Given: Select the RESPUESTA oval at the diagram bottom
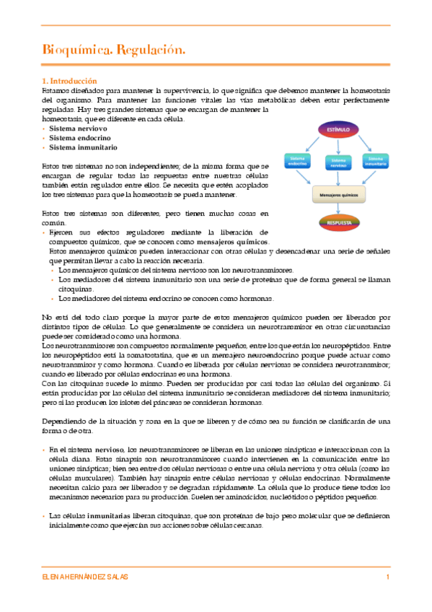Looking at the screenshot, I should click(338, 223).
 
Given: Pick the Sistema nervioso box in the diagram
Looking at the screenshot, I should click(338, 163).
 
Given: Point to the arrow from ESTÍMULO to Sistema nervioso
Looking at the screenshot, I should click(338, 146).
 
